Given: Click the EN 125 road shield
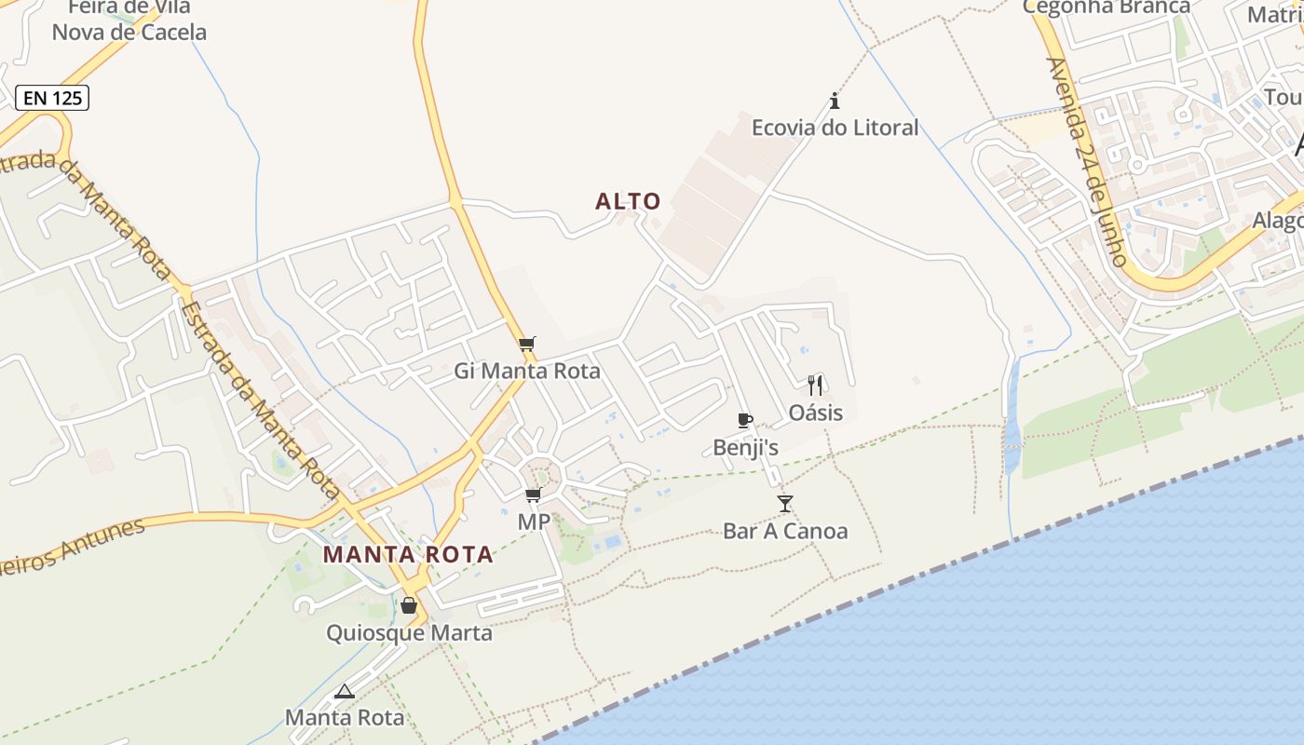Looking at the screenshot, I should click(52, 97).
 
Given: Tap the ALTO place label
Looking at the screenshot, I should click(628, 201).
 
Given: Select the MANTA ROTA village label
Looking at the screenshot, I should click(408, 555).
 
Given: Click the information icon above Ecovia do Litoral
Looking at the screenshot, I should click(835, 101).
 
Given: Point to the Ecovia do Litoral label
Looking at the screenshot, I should click(835, 128).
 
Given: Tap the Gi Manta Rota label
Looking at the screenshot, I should click(527, 372).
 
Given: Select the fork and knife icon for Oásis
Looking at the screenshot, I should click(815, 385).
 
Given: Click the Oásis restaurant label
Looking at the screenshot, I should click(815, 413).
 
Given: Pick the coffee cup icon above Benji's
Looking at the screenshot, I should click(744, 420).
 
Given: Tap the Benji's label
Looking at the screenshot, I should click(745, 448).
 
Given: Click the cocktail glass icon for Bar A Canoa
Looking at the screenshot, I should click(785, 504).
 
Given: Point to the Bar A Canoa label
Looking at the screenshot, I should click(785, 532).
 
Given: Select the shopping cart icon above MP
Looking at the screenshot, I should click(534, 494).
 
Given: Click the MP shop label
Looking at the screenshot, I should click(534, 522).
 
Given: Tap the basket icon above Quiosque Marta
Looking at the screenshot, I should click(409, 605).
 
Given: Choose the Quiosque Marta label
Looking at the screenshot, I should click(409, 633).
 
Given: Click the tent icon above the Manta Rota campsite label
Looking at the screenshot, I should click(345, 691).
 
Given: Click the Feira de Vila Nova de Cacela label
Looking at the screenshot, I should click(129, 20).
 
